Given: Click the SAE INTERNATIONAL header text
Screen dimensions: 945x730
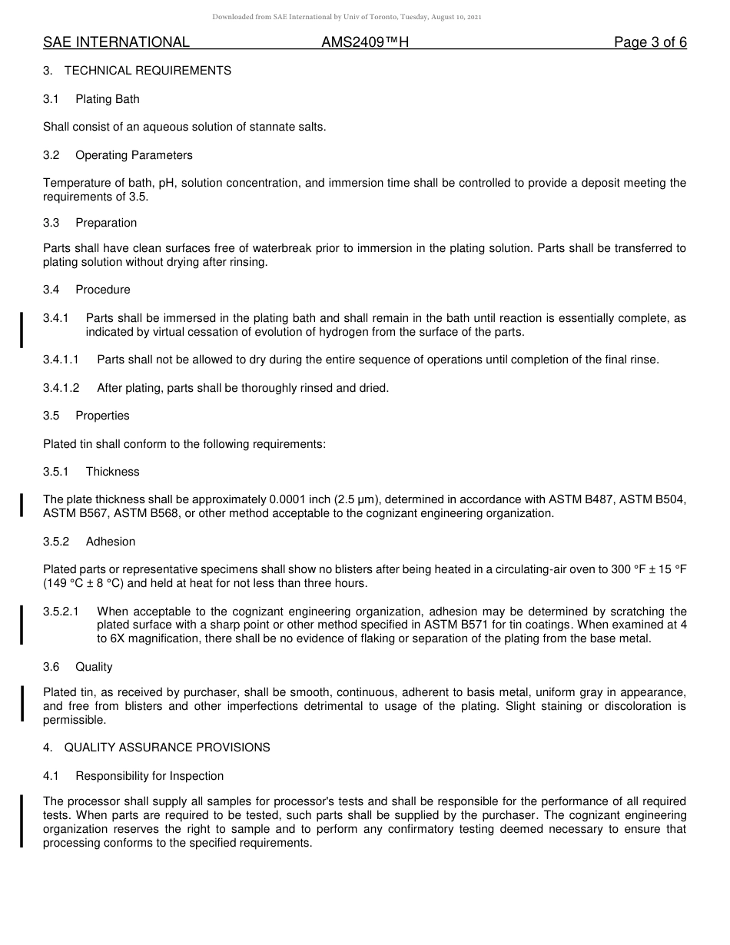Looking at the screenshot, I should [x=116, y=42].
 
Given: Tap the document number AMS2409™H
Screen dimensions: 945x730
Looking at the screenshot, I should [x=365, y=42].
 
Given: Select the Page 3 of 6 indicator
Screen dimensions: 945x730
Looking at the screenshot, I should [x=650, y=42].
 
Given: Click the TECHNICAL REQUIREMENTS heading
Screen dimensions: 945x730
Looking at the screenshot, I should [x=148, y=71].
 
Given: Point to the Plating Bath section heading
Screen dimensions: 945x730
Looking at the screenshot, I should [x=108, y=99].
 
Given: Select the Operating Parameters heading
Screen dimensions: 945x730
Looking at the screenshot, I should [x=134, y=155].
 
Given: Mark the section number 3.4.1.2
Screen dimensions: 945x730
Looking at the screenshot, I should [x=61, y=388].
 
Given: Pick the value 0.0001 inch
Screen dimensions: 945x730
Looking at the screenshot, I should [x=301, y=499].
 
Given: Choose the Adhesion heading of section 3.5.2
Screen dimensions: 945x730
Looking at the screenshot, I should [x=111, y=542].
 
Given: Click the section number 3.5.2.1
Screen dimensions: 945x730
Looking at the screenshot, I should [x=61, y=612].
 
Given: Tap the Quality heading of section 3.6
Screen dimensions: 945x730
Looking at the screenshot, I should [x=94, y=667].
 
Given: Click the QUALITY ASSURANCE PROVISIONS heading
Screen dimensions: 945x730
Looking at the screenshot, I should [x=167, y=748].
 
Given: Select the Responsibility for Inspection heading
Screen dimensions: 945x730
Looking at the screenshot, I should [x=149, y=776].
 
